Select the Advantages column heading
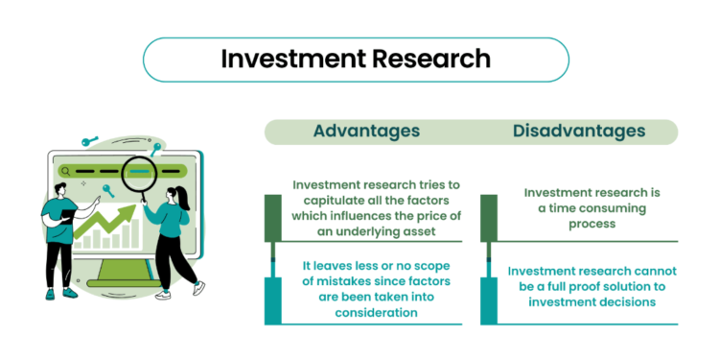coord(366,132)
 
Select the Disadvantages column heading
coord(579,132)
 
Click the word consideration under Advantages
coord(376,313)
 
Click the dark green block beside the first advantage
coord(273,218)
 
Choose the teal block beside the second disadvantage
coord(489,300)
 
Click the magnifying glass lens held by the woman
coord(139,173)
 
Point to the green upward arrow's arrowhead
coord(128,211)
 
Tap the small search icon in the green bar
coord(65,171)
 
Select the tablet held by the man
coord(67,215)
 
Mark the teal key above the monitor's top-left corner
coord(90,140)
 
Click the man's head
coord(60,190)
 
